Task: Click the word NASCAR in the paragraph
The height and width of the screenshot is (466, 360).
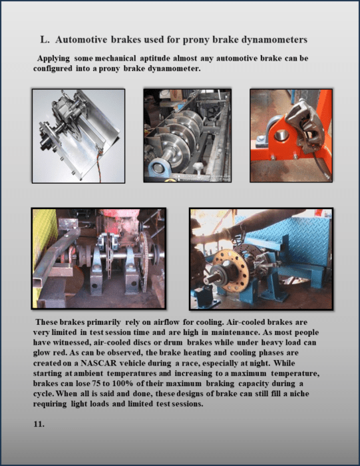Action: (98, 363)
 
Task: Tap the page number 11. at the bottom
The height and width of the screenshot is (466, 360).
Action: (39, 424)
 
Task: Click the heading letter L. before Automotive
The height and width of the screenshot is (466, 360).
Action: (45, 39)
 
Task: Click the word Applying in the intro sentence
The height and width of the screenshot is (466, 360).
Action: (53, 59)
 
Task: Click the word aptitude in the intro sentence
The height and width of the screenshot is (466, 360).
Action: (155, 59)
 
